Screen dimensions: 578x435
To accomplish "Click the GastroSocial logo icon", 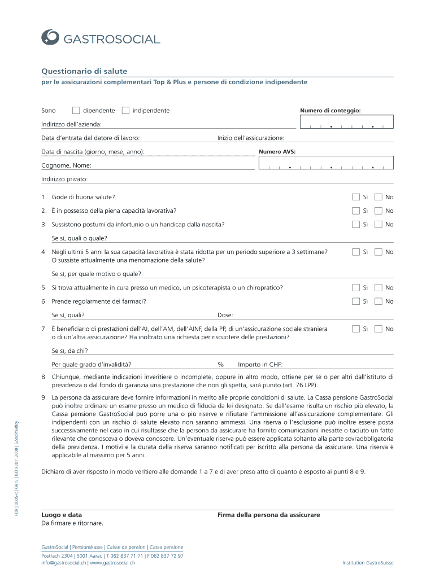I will (50, 37).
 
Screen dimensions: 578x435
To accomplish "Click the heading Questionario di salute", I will (84, 71).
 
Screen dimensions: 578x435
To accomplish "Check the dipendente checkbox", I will (76, 110).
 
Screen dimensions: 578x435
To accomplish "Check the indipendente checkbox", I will (125, 110).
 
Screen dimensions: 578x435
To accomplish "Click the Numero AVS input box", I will (326, 163).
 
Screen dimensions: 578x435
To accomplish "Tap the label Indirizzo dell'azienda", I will (71, 124).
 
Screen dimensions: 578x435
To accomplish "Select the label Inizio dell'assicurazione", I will (251, 138).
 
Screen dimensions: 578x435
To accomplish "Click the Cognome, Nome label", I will (66, 165).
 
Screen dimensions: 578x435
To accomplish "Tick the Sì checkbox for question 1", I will (355, 197).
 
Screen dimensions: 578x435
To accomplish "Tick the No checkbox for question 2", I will (379, 211).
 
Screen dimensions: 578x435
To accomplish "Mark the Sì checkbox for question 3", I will (355, 224).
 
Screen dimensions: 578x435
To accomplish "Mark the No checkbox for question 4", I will (379, 252).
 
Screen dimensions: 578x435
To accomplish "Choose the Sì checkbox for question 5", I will (355, 287).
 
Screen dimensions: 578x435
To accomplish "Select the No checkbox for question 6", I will (379, 301).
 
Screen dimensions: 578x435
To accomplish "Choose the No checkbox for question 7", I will (379, 329).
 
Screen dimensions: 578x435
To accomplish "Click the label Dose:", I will (225, 315).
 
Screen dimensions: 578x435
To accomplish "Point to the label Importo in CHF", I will (260, 364).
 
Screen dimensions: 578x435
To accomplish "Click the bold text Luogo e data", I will (62, 515).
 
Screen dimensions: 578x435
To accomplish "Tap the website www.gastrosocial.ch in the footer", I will (112, 562).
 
